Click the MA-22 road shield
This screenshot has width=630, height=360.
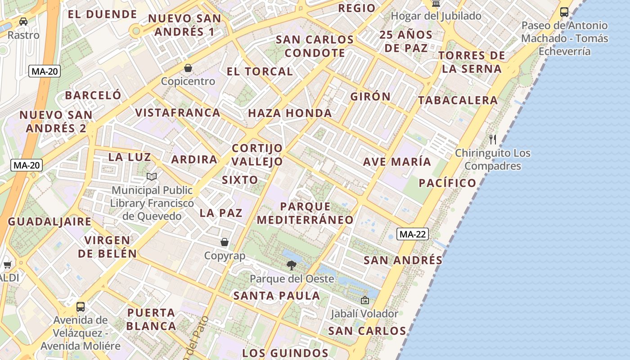(412, 234)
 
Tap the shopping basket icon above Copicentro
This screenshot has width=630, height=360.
(188, 68)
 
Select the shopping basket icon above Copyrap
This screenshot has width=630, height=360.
(225, 242)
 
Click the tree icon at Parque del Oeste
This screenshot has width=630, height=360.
(292, 265)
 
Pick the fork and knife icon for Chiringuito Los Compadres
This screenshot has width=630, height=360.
(493, 139)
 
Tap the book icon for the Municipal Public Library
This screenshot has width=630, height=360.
(152, 177)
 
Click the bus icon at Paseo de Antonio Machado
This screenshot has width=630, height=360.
(564, 12)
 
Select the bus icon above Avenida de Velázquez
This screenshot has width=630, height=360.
(81, 307)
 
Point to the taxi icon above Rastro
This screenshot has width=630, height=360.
(23, 21)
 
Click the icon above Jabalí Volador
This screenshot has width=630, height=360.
(364, 300)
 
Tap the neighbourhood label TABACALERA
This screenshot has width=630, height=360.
(458, 100)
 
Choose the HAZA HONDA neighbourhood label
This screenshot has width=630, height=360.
(290, 113)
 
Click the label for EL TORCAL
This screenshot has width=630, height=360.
(260, 72)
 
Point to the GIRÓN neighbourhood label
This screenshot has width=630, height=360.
(370, 97)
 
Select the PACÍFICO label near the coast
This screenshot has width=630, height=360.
(447, 183)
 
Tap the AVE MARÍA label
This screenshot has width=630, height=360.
(397, 162)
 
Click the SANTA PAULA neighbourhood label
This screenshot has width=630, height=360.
(276, 296)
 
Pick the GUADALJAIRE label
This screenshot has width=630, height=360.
(49, 221)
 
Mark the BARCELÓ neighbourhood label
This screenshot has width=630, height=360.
(93, 95)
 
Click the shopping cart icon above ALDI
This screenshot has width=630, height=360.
(7, 265)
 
